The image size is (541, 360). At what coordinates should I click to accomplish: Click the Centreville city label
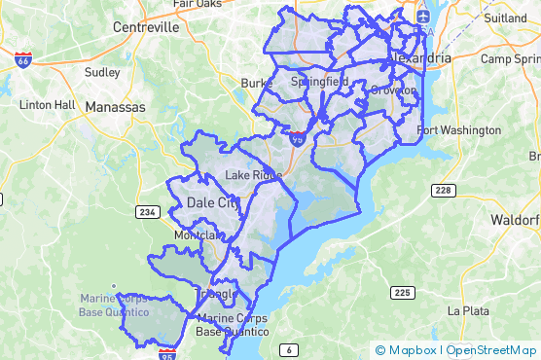coord(147,27)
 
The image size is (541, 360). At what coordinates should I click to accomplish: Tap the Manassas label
coord(115,105)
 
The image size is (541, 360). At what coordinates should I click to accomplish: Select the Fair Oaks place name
coord(198,4)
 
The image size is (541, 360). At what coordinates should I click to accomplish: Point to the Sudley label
coord(102,72)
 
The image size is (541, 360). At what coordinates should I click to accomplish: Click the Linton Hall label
coord(46,104)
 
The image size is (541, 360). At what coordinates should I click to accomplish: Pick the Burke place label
coord(255,84)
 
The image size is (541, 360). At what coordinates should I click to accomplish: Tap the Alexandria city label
coord(419,58)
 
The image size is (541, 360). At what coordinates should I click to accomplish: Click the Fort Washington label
coord(458,130)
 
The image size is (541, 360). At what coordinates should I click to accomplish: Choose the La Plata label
coord(467,311)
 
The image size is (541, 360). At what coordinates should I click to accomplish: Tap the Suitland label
coord(504,18)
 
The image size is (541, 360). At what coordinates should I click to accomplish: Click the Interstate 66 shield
coord(22,60)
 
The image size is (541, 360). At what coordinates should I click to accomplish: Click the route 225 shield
coord(401,292)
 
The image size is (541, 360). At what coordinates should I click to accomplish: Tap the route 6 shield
coord(288,348)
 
